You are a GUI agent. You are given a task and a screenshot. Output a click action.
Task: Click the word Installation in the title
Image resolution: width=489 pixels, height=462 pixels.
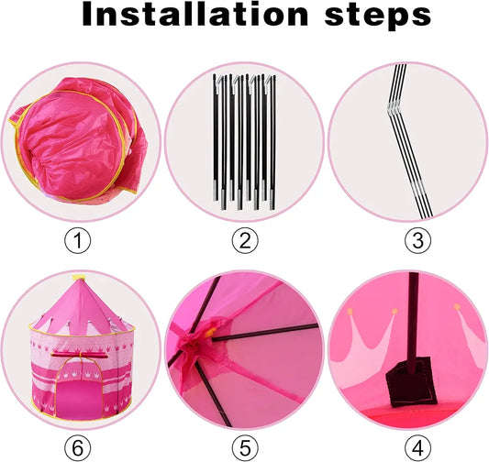(195, 14)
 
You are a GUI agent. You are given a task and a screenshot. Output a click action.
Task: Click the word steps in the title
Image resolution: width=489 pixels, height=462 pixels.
(378, 16)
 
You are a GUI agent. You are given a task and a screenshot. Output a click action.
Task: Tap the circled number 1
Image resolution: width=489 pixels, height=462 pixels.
(77, 240)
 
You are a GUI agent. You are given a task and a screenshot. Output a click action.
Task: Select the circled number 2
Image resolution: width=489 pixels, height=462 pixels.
(245, 240)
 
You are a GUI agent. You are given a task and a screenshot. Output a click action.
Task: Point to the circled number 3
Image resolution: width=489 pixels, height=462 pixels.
(417, 240)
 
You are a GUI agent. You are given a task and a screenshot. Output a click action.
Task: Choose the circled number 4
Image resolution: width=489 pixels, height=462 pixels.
(417, 448)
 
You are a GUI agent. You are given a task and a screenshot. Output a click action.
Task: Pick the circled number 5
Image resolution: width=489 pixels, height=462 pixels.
(245, 448)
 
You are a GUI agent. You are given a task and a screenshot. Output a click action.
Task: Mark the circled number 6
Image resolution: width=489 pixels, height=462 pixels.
(77, 448)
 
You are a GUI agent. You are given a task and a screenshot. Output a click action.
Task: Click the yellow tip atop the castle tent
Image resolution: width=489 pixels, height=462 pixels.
(79, 278)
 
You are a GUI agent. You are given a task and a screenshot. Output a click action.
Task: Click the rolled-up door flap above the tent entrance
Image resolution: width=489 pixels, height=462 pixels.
(79, 355)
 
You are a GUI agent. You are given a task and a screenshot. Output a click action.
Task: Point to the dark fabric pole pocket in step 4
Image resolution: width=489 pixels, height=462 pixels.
(409, 381)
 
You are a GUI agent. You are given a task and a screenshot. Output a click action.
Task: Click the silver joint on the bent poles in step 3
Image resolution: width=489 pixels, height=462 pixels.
(395, 107)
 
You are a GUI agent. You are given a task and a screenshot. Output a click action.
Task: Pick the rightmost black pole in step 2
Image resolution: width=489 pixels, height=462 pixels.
(273, 142)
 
